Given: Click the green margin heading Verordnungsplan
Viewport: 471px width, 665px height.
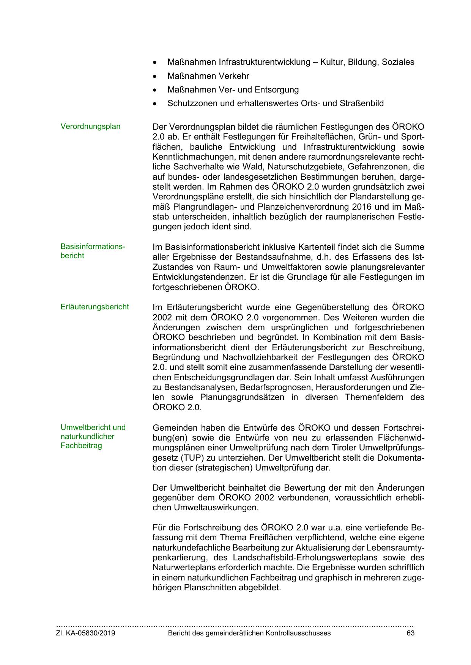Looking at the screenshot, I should (x=90, y=127).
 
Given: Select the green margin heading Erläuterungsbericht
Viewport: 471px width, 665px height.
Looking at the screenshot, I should (x=95, y=307).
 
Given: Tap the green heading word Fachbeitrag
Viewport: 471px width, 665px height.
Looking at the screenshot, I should (x=81, y=445).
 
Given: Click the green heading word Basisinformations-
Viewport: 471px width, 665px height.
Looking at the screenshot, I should (x=93, y=246).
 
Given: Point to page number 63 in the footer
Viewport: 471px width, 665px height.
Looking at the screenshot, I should (x=410, y=633).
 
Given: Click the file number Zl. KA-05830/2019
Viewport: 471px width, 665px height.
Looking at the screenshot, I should (x=86, y=633).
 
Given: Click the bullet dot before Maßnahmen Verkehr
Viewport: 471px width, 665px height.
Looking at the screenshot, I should (x=154, y=77).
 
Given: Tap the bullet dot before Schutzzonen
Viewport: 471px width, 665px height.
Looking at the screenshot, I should (x=154, y=104).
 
